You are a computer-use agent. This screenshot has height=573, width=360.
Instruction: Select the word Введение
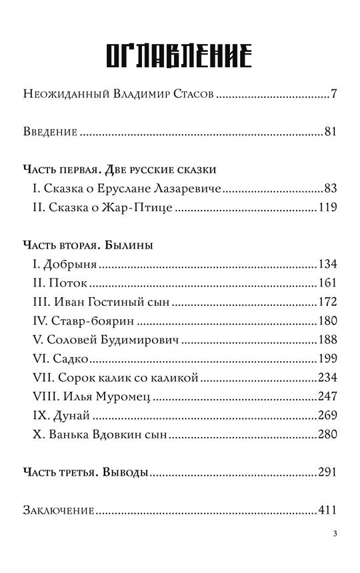(x=51, y=131)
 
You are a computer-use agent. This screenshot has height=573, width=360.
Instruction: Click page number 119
(x=327, y=207)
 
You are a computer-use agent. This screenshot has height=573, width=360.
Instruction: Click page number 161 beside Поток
(x=327, y=283)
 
